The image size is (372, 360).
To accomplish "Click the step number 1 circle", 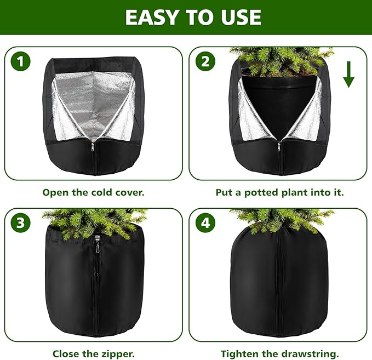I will (x=21, y=62).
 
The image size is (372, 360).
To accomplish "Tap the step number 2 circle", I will (x=205, y=62).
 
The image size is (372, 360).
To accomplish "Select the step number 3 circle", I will (x=21, y=223).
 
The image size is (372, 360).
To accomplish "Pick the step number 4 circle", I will (x=205, y=223).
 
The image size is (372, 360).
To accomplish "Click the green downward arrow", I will (x=348, y=76).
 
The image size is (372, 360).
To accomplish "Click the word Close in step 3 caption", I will (x=65, y=354).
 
